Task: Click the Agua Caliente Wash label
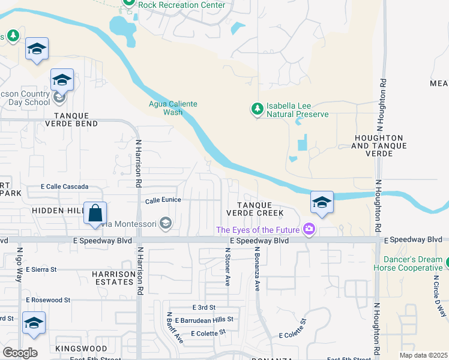pos(173,108)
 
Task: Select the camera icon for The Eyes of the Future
pos(309,229)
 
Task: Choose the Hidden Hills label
pos(58,211)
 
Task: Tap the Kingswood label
pos(81,349)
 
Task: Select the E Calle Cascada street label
pos(65,187)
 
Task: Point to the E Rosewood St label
pos(48,299)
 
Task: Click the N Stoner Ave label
pos(228,266)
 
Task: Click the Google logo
pos(20,353)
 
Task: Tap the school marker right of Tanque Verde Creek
pos(322,202)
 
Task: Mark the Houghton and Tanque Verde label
pos(379,142)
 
